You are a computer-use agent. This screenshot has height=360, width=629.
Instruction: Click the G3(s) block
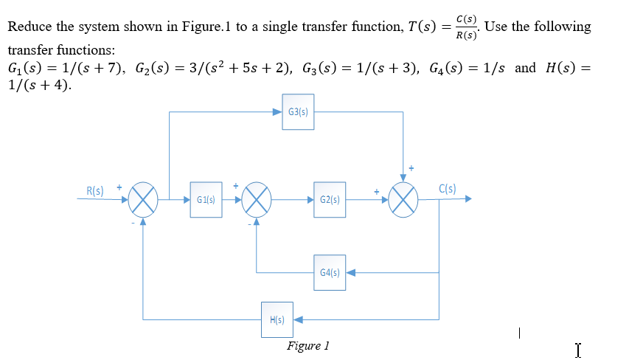pos(299,112)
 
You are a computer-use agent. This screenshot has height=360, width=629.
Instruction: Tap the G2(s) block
pos(330,200)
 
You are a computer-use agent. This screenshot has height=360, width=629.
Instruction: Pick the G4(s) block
pos(330,272)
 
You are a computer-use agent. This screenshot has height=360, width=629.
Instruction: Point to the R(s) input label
pos(94,190)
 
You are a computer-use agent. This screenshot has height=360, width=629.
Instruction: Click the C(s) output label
pos(448,188)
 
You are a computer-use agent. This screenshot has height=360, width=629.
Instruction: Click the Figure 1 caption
pos(308,345)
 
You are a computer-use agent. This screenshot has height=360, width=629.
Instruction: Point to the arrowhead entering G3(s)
pos(278,112)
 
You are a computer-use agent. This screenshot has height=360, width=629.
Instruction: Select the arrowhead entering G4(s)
pos(351,272)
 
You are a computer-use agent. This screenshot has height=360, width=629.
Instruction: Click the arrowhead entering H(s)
pos(298,319)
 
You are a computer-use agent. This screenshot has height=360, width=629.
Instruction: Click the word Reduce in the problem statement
pos(29,27)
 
